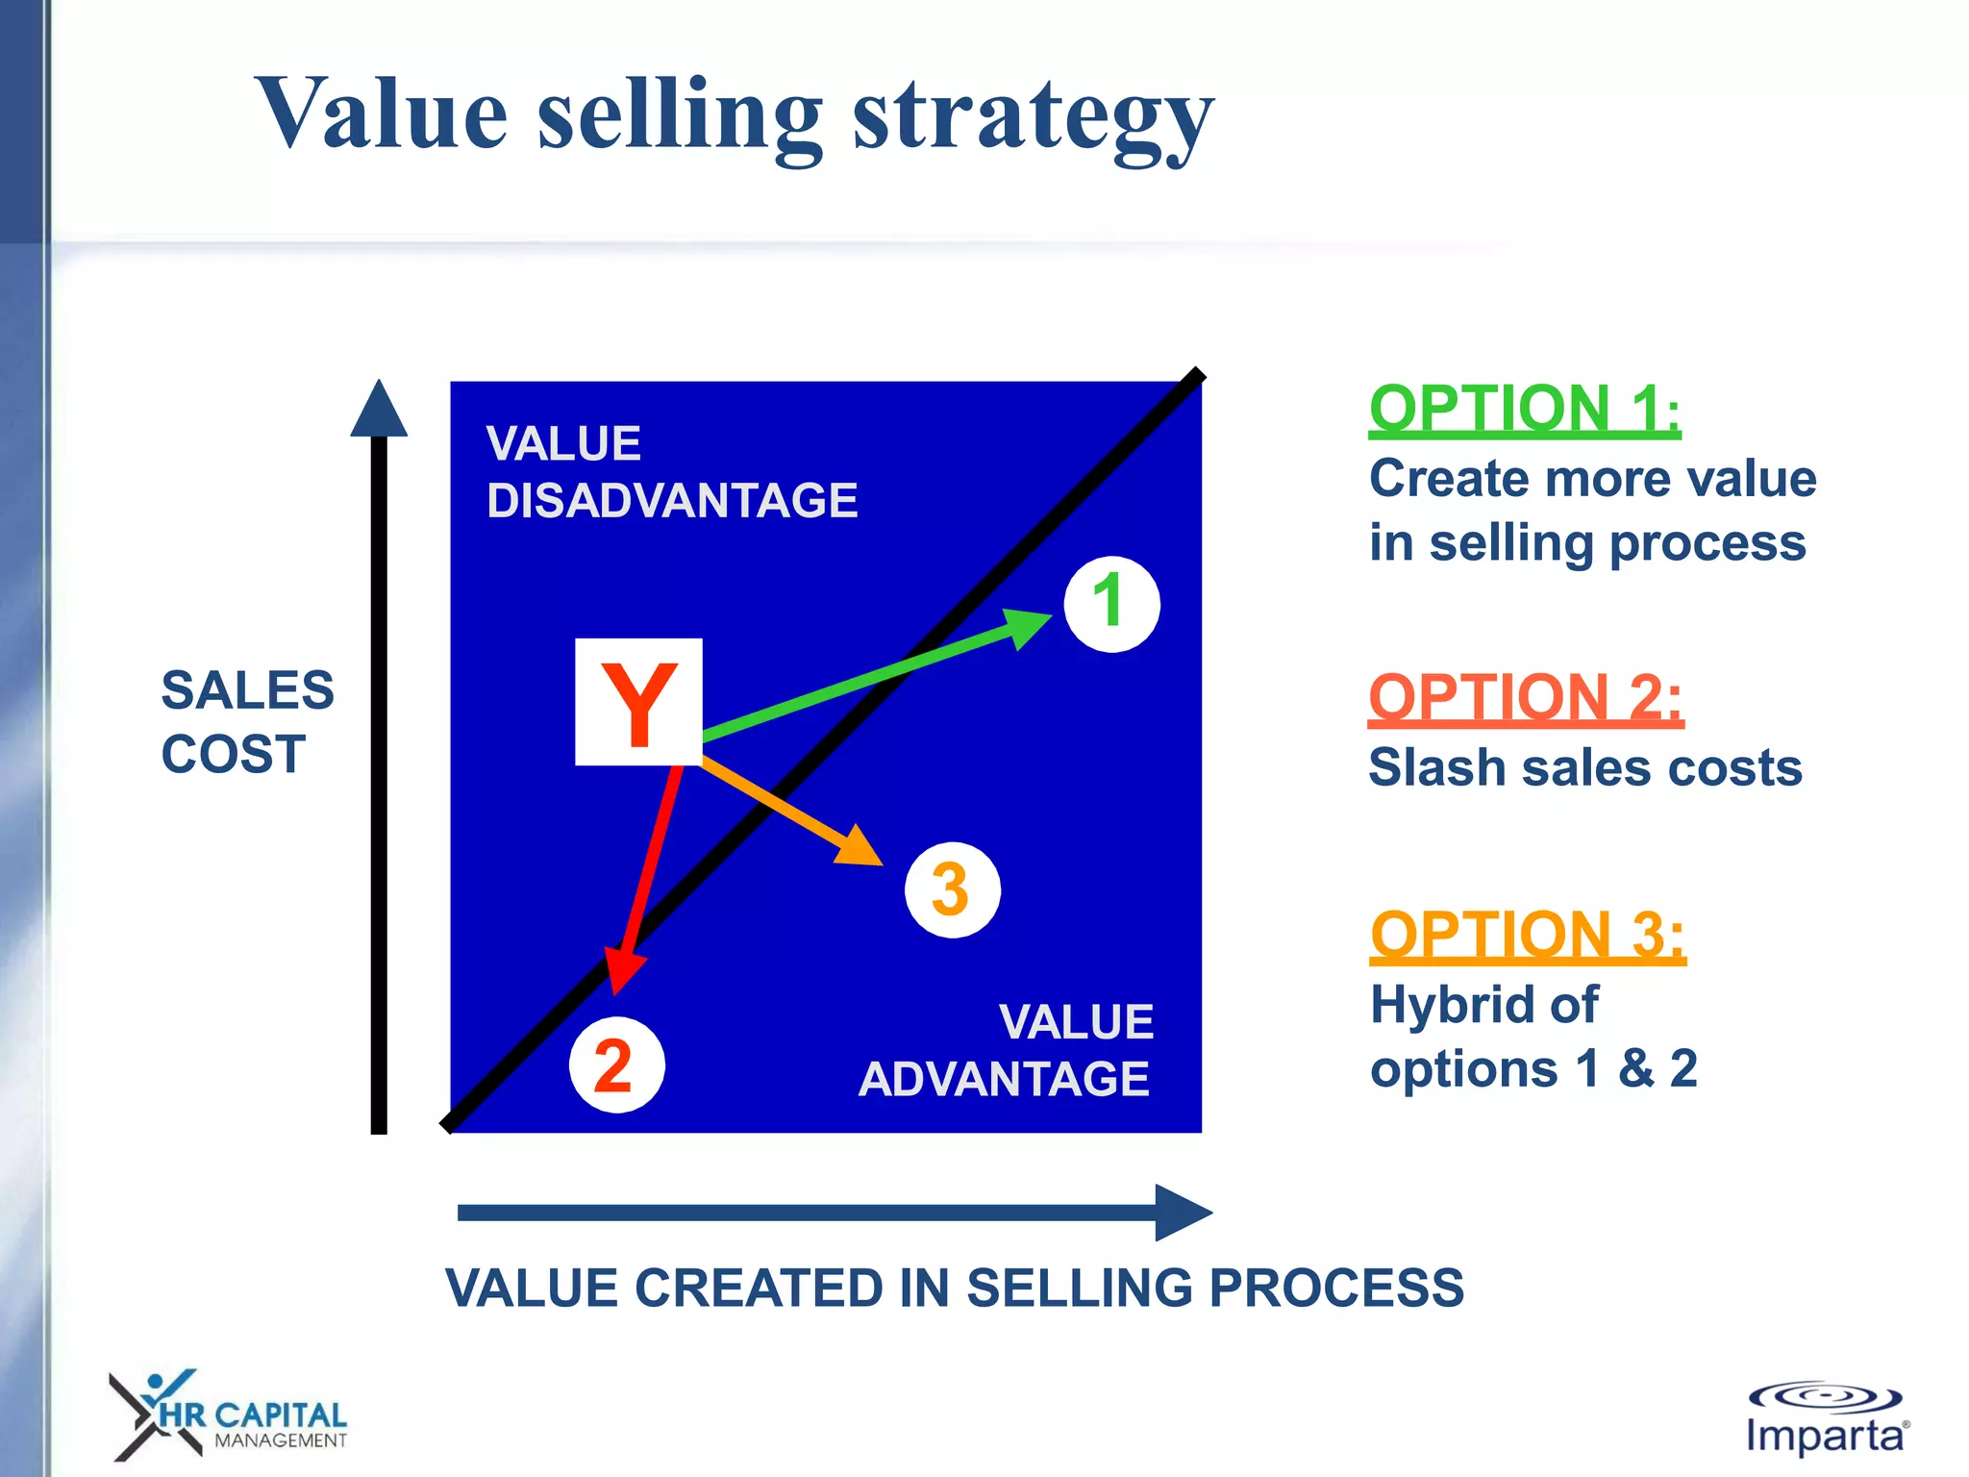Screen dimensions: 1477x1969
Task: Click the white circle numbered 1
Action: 1111,604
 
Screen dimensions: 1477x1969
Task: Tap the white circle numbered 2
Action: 616,1064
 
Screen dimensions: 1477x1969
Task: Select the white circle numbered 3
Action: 952,889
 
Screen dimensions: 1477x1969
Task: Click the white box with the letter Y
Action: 638,702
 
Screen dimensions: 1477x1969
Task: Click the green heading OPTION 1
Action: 1524,410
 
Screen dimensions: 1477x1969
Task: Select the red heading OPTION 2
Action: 1526,698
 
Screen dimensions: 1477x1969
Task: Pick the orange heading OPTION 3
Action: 1528,935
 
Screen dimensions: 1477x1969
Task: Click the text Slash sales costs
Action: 1584,768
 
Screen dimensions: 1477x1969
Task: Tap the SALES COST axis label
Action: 247,721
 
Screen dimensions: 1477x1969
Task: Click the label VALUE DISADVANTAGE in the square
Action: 671,472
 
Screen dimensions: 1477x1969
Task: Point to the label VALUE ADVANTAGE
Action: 1006,1050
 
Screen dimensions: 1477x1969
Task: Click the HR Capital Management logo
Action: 228,1414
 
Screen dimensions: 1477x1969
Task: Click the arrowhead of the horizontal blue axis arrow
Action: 1183,1213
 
